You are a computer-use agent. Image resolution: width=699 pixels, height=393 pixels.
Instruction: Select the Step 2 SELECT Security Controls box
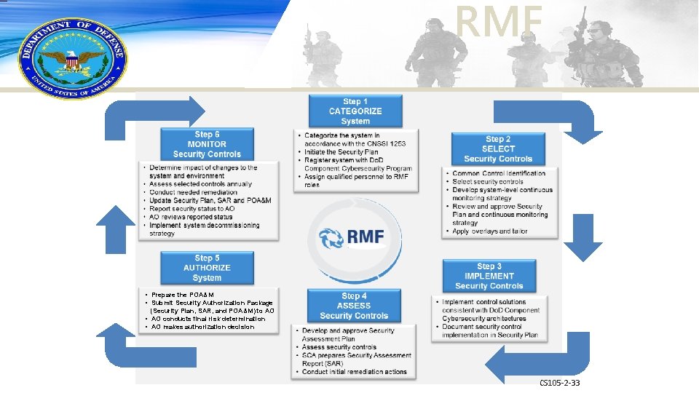tap(498, 148)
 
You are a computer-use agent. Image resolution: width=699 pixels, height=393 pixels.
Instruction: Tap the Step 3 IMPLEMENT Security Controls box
tap(489, 276)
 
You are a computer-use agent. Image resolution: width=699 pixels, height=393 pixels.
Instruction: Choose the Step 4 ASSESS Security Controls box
tap(354, 306)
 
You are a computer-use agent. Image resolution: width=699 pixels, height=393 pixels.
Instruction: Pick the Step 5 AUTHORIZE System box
tap(207, 268)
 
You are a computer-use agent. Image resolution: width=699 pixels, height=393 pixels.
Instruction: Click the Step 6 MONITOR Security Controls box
tap(207, 144)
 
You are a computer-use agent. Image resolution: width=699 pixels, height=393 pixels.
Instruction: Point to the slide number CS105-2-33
tap(559, 383)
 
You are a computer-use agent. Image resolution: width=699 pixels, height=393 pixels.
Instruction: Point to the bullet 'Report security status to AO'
tap(192, 208)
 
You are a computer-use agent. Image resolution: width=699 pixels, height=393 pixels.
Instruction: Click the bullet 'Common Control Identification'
tap(499, 173)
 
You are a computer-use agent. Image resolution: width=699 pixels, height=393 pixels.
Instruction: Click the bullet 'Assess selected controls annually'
tap(200, 184)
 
